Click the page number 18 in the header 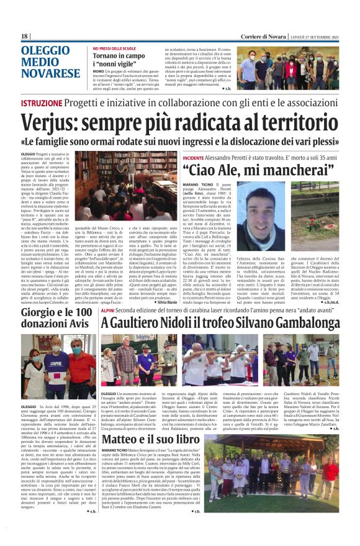25,37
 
